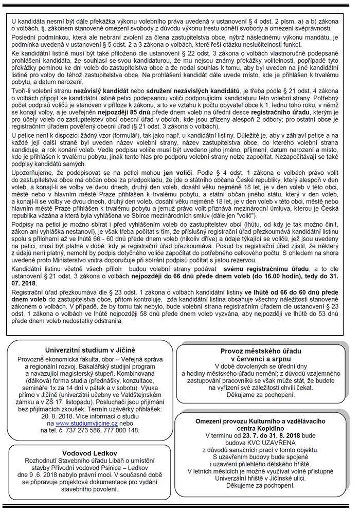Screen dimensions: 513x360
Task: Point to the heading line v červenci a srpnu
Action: [261, 358]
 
